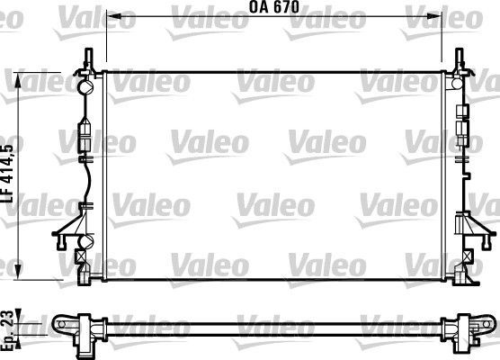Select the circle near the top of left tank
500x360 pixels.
87,88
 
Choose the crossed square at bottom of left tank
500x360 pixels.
82,254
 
